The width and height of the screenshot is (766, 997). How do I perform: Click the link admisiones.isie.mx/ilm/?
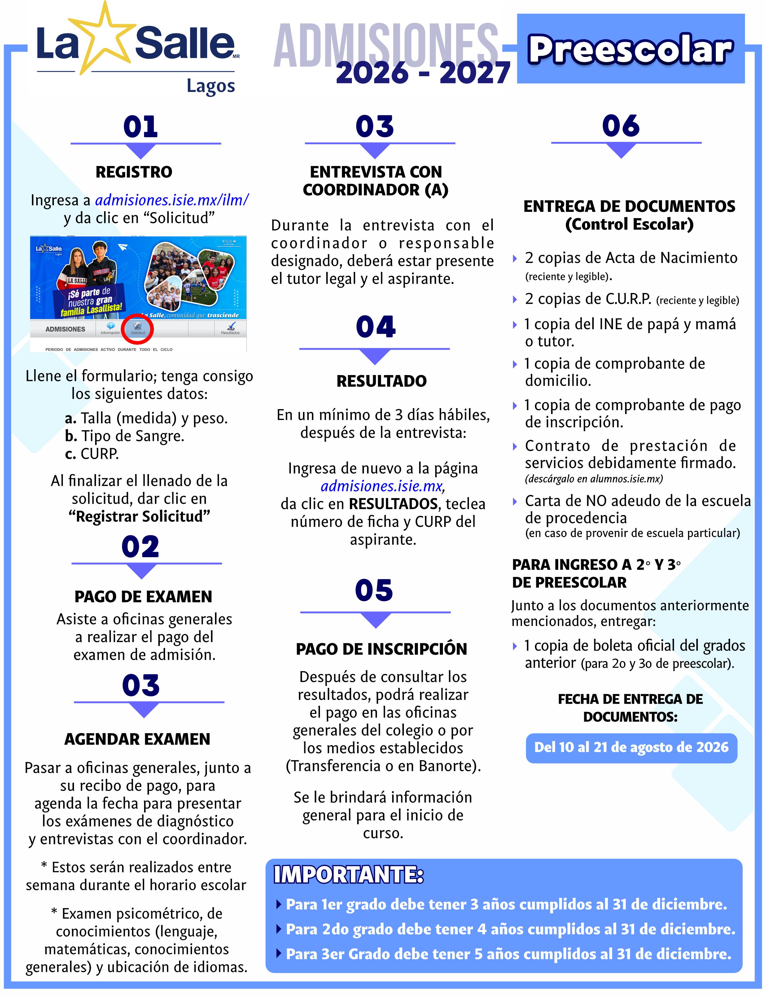[x=172, y=200]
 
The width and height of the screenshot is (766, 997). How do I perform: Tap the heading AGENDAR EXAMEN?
[x=137, y=739]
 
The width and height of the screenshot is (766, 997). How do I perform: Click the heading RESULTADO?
[x=381, y=381]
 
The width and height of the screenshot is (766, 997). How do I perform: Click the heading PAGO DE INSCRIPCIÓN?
[x=381, y=649]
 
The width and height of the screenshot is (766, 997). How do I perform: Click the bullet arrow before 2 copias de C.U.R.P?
[x=515, y=300]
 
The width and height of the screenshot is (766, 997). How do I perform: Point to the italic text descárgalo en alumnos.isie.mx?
[x=594, y=479]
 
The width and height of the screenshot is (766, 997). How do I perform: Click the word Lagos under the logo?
[x=211, y=86]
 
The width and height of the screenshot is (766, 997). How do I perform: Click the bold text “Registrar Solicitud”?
[x=139, y=517]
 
